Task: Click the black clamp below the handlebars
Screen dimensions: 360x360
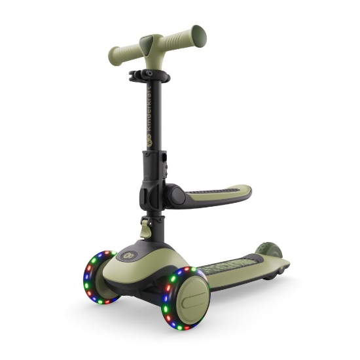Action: coord(150,77)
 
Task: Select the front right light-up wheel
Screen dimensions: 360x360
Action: coord(187,298)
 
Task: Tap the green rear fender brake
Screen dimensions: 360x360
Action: coord(266,252)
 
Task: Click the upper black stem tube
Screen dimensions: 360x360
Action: coord(150,118)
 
